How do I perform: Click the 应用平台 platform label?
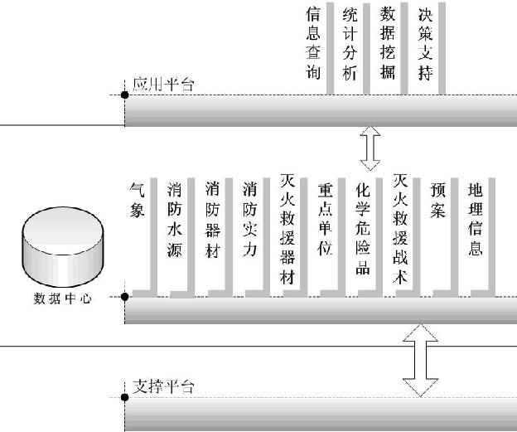click(x=163, y=85)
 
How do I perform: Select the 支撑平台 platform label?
click(x=163, y=386)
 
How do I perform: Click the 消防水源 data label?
click(x=175, y=219)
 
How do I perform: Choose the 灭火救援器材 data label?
click(x=287, y=229)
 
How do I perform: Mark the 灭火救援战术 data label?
click(x=400, y=229)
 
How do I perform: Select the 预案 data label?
click(x=437, y=201)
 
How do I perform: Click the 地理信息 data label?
click(x=475, y=219)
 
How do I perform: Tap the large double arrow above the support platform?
click(x=421, y=361)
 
